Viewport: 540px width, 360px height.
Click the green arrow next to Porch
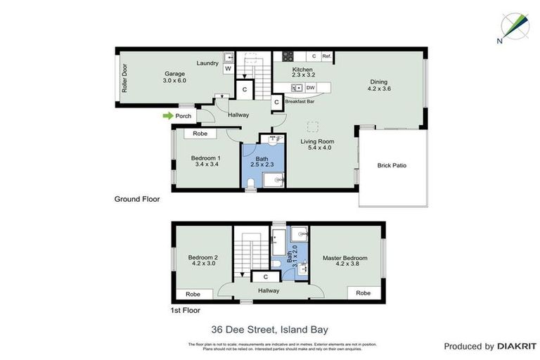[167, 116]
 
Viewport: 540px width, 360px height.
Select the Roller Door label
[125, 79]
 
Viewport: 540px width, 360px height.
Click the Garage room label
[174, 77]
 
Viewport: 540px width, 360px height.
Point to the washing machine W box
[229, 69]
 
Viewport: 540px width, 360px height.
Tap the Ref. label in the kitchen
[326, 56]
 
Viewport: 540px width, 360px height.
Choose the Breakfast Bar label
[300, 102]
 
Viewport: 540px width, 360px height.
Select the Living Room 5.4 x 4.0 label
[316, 144]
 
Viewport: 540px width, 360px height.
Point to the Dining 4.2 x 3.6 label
[378, 85]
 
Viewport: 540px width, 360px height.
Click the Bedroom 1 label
[206, 162]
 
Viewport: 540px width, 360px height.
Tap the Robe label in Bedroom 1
[200, 133]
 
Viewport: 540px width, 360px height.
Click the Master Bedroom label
[345, 261]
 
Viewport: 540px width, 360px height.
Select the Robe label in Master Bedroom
[363, 292]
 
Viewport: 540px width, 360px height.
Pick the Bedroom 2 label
[202, 261]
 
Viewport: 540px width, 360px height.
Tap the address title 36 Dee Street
[270, 329]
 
